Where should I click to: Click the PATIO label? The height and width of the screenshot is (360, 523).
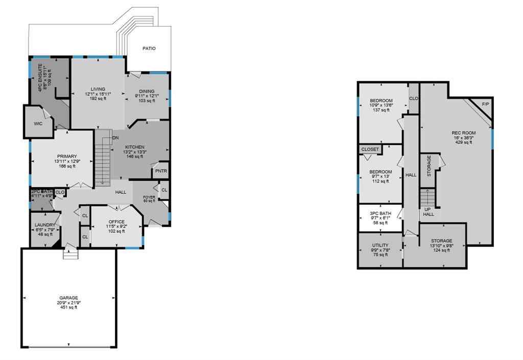click(x=149, y=49)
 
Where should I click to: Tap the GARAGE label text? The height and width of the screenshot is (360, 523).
click(x=68, y=298)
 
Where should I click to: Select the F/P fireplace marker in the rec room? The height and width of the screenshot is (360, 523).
click(x=485, y=104)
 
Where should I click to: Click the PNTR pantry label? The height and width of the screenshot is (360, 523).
click(x=161, y=171)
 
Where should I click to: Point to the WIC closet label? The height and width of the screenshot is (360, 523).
click(x=38, y=124)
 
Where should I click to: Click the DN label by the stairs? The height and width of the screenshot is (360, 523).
click(x=115, y=138)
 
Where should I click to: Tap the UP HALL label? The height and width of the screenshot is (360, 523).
click(x=429, y=212)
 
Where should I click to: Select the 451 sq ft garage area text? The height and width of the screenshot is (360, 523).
click(x=68, y=307)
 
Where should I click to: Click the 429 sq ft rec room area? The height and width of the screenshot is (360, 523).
click(x=464, y=142)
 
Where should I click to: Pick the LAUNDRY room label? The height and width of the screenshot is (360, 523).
click(x=45, y=225)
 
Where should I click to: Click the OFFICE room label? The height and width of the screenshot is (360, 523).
click(x=116, y=222)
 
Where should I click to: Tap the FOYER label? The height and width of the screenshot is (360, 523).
click(x=149, y=197)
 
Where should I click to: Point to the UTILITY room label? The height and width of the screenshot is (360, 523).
click(x=380, y=245)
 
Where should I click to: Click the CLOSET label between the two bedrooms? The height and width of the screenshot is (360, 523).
click(x=370, y=149)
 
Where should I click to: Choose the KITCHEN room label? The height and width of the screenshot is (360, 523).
click(x=135, y=147)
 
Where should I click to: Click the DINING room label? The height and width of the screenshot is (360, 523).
click(x=147, y=91)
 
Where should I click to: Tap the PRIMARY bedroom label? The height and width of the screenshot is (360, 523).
click(x=67, y=156)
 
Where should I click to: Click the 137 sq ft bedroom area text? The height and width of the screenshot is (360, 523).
click(x=381, y=110)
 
